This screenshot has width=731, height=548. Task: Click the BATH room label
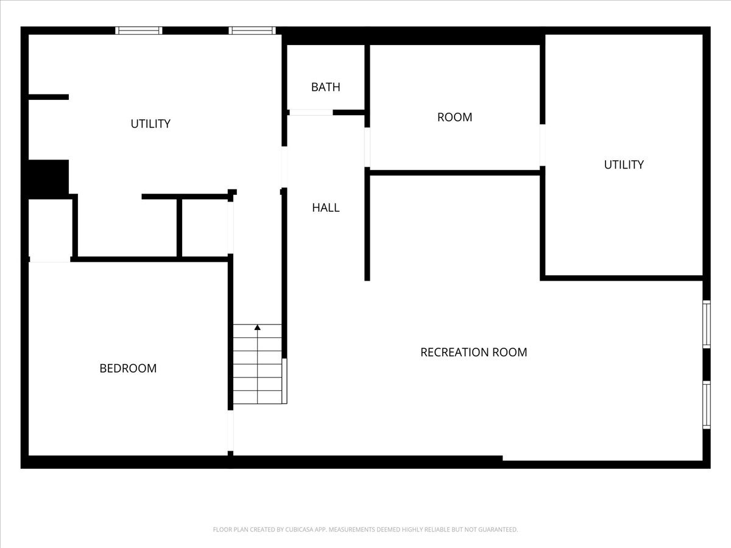[x=325, y=87]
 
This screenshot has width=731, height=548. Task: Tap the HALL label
[x=326, y=208]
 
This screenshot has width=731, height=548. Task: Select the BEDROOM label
[x=128, y=368]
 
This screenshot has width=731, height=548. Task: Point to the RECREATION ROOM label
[x=473, y=353]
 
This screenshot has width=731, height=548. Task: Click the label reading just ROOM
[x=454, y=117]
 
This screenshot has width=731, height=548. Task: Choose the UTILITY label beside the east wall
[x=624, y=164]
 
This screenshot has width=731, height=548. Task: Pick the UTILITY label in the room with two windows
[x=150, y=124]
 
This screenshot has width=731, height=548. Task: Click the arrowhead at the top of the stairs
[x=258, y=328]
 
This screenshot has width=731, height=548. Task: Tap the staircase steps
[x=258, y=364]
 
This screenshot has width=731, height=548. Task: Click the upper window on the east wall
[x=707, y=325]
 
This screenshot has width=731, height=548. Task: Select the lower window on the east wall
[x=707, y=406]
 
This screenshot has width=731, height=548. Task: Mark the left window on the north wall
[x=139, y=30]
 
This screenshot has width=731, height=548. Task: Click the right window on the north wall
[x=252, y=30]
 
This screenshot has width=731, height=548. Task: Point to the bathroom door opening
[x=311, y=113]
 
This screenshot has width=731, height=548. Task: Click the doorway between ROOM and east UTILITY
[x=543, y=145]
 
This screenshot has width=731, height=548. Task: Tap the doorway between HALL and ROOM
[x=367, y=147]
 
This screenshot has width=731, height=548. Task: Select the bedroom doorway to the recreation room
[x=230, y=431]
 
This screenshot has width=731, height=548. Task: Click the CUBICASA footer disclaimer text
[x=365, y=529]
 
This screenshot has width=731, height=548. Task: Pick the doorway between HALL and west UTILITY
[x=284, y=167]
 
